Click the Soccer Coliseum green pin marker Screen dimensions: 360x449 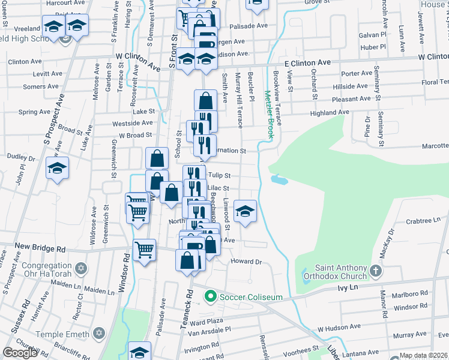pyautogui.click(x=210, y=296)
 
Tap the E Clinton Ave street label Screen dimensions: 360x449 pyautogui.click(x=307, y=62)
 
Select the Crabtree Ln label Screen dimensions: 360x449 pyautogui.click(x=423, y=221)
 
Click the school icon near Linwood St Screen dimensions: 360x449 pyautogui.click(x=245, y=212)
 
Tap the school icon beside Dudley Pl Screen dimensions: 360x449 pyautogui.click(x=57, y=169)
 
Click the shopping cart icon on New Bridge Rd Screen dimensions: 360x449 pyautogui.click(x=144, y=250)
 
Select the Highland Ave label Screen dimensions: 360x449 pyautogui.click(x=329, y=112)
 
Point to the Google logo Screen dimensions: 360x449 pyautogui.click(x=20, y=353)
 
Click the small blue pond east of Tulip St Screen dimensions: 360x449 pyautogui.click(x=279, y=179)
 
